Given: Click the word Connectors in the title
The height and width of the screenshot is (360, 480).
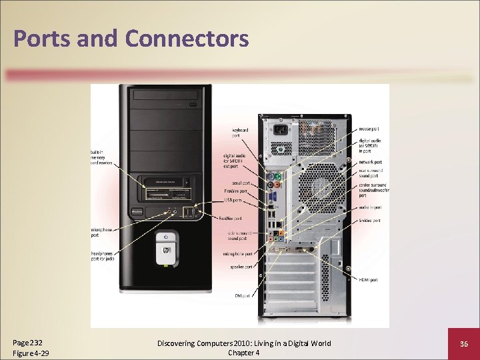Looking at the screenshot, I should (187, 38).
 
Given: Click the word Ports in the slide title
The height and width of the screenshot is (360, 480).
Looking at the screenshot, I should (42, 38).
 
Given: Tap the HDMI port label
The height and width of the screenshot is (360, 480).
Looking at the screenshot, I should (369, 280).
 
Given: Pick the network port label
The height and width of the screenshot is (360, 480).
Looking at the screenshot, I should (370, 162).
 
